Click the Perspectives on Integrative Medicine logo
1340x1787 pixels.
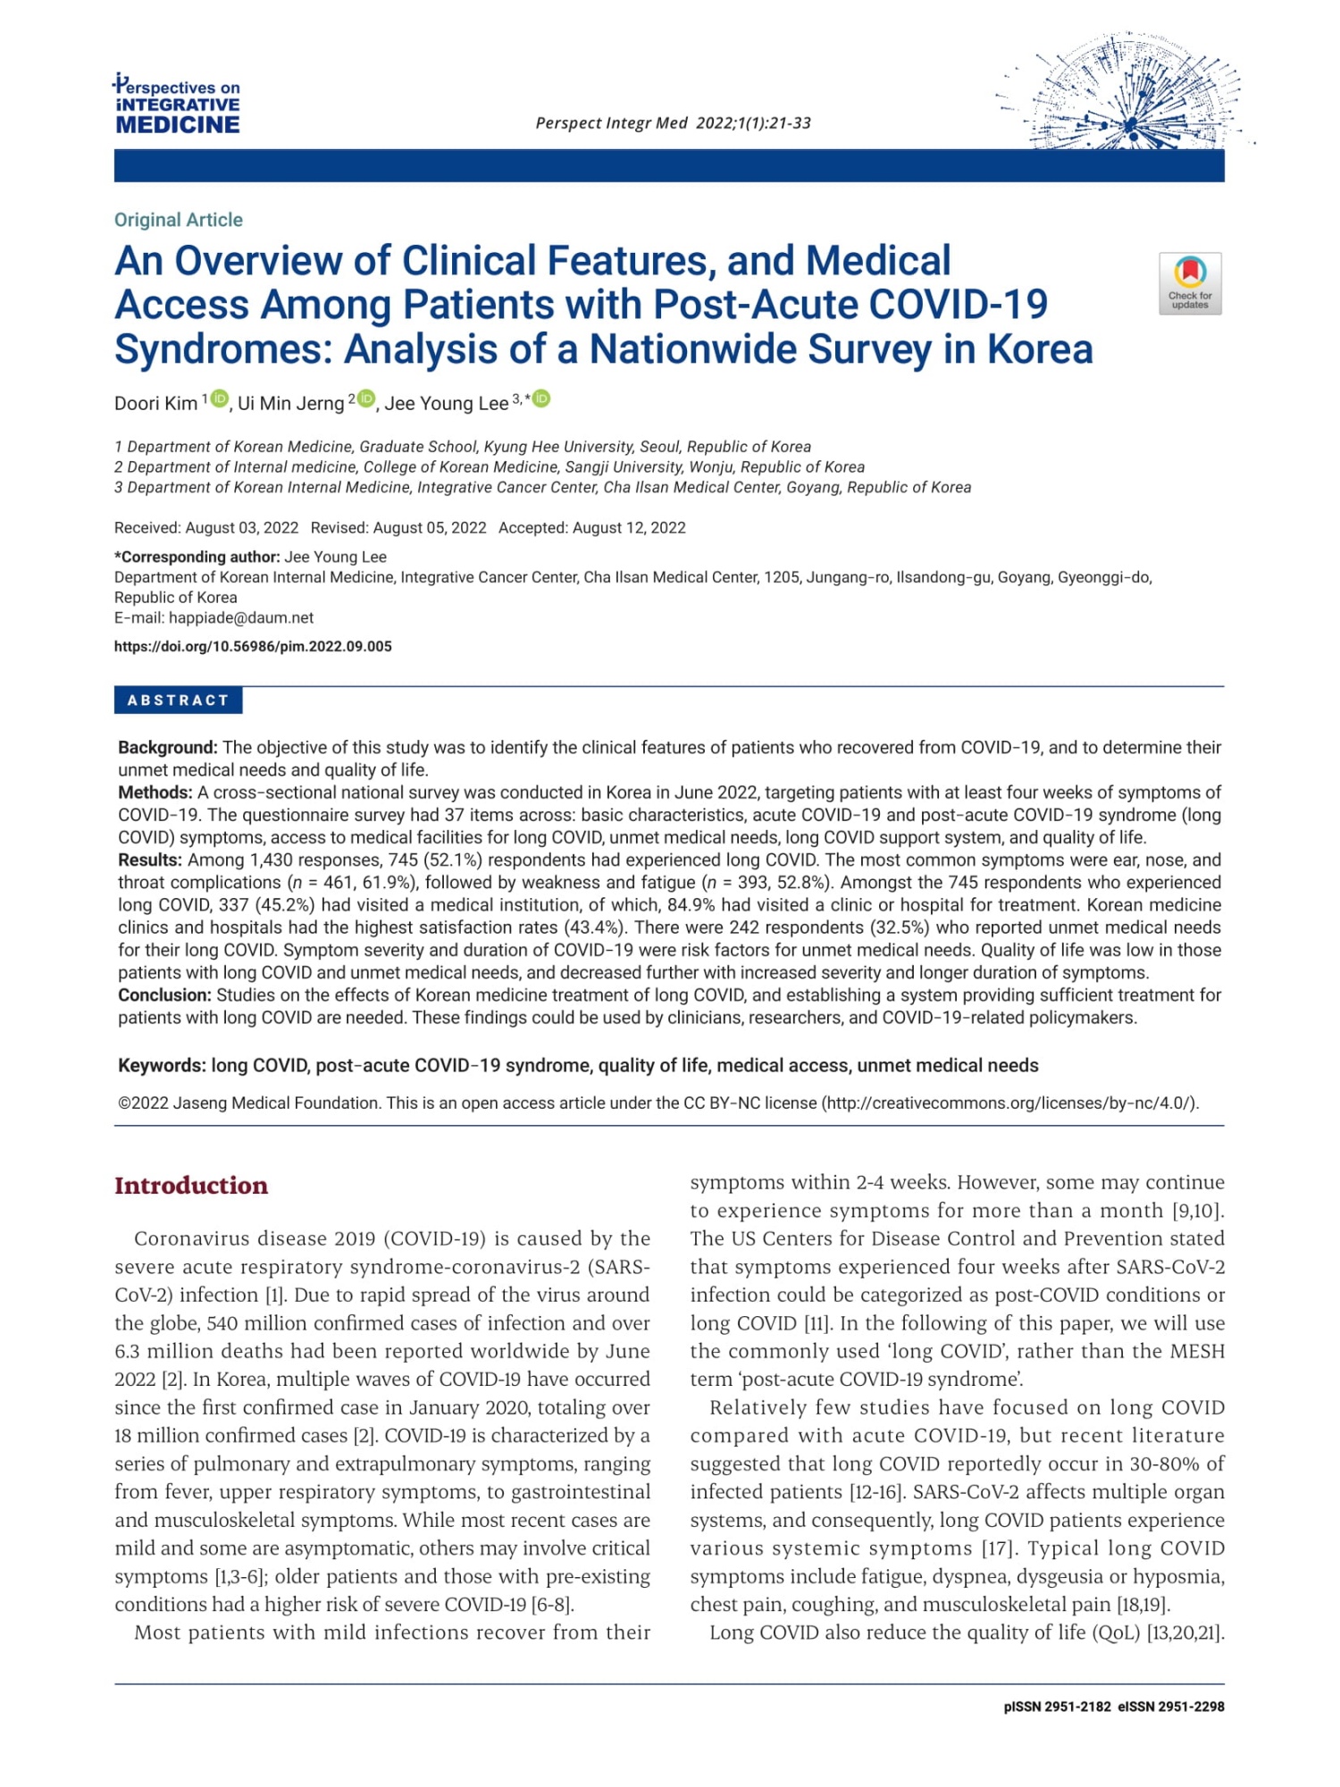coord(177,105)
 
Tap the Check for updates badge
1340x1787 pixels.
coord(1190,283)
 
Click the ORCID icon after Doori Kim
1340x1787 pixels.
coord(220,399)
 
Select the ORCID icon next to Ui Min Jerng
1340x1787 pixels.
coord(366,399)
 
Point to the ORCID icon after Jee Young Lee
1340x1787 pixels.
coord(541,399)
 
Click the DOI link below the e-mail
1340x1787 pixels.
coord(253,647)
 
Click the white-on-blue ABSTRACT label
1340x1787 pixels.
coord(178,701)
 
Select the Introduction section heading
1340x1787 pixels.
coord(191,1186)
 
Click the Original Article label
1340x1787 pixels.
coord(178,220)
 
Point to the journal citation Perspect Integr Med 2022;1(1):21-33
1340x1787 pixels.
coord(673,123)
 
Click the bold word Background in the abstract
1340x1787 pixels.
coord(168,748)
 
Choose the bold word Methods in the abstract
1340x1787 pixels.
coord(155,793)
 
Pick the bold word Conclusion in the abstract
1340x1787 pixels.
coord(164,995)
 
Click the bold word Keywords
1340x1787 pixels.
coord(162,1066)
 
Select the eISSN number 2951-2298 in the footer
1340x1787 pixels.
coord(1191,1707)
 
